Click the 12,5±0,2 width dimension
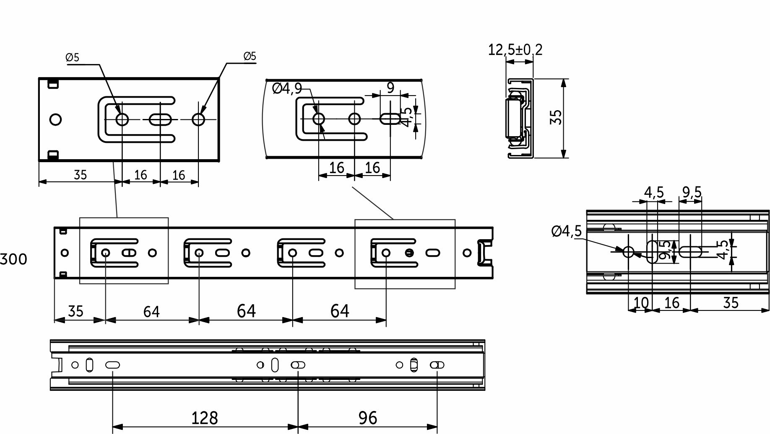[515, 50]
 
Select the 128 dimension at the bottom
[205, 418]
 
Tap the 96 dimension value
[368, 418]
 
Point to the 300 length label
[13, 259]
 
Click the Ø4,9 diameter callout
[287, 88]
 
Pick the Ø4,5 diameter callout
[567, 231]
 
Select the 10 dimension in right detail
[640, 302]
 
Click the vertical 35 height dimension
[556, 117]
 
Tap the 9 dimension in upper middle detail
[390, 88]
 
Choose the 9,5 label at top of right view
[692, 192]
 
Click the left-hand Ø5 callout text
[73, 57]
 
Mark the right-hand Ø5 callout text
[250, 56]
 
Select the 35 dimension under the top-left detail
[80, 174]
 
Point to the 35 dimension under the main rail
[75, 311]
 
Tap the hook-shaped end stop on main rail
[486, 253]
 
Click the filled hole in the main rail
[410, 253]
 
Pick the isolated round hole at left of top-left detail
[55, 119]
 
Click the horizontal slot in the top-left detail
[160, 120]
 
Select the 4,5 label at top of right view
[654, 192]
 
